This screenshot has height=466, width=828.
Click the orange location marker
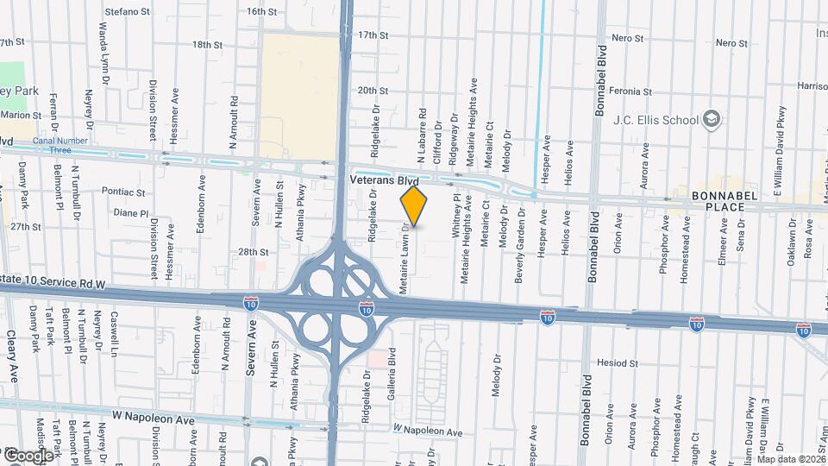click(x=414, y=206)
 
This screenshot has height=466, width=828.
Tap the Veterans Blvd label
click(x=384, y=182)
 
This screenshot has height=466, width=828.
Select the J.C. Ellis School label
click(x=655, y=120)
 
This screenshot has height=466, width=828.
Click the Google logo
click(x=28, y=455)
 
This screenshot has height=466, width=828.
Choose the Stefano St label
click(x=128, y=12)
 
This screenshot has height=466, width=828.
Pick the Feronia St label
click(x=630, y=91)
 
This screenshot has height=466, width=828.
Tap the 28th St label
click(x=254, y=252)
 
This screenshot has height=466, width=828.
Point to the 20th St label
click(x=373, y=90)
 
